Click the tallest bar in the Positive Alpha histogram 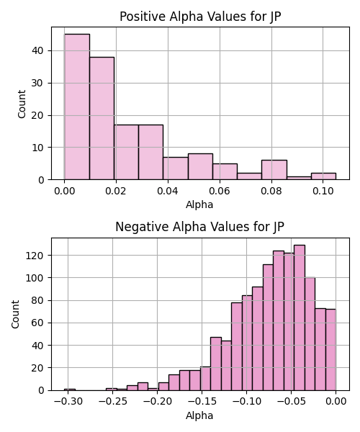(x=77, y=107)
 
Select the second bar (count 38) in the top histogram (x=102, y=119)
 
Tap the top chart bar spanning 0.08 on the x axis (x=274, y=170)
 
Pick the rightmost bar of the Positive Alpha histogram (x=323, y=176)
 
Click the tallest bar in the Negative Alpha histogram (x=300, y=318)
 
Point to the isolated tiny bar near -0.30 (x=70, y=390)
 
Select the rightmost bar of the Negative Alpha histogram (x=330, y=350)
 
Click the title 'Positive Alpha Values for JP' (x=200, y=17)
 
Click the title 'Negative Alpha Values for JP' (x=199, y=227)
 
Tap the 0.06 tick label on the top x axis (x=220, y=191)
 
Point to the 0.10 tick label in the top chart (x=323, y=191)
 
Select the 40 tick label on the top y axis (x=37, y=50)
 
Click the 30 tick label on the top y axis (x=37, y=83)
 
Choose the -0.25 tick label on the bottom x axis (x=112, y=401)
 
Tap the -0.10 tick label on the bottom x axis (x=246, y=401)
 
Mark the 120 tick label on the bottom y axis (x=35, y=256)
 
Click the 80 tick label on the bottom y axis (x=37, y=300)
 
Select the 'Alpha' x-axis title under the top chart (x=199, y=204)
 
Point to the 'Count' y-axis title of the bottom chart (x=15, y=314)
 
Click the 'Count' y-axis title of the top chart (x=22, y=104)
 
